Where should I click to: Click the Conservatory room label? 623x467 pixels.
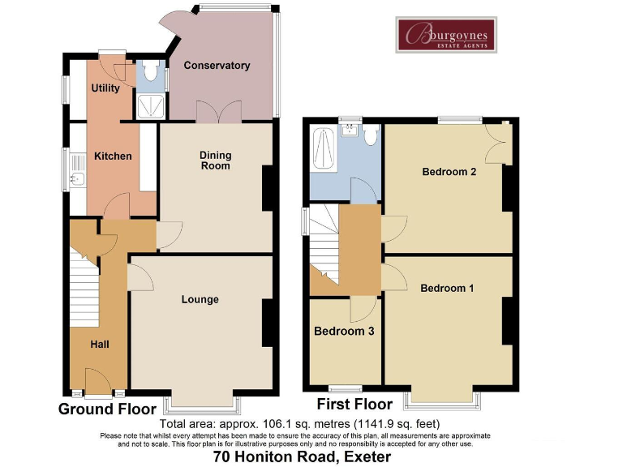pyautogui.click(x=216, y=66)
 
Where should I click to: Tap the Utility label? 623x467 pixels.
pyautogui.click(x=105, y=88)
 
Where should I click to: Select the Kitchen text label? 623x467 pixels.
pyautogui.click(x=113, y=156)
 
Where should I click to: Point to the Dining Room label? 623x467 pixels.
pyautogui.click(x=216, y=160)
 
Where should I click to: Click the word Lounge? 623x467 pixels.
pyautogui.click(x=200, y=299)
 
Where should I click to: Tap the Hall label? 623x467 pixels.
pyautogui.click(x=100, y=345)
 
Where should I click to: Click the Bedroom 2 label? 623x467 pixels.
pyautogui.click(x=449, y=172)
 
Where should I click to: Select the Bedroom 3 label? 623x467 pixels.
pyautogui.click(x=343, y=332)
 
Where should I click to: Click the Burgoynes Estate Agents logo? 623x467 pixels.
pyautogui.click(x=446, y=35)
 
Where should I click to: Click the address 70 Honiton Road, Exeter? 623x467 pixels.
pyautogui.click(x=302, y=457)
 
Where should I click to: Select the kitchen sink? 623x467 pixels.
pyautogui.click(x=78, y=178)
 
